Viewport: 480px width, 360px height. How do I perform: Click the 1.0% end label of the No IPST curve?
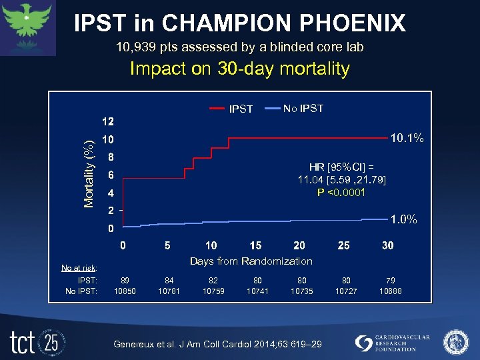point(404,219)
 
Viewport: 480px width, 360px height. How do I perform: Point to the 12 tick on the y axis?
point(107,122)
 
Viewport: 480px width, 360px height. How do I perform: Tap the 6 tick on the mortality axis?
point(111,175)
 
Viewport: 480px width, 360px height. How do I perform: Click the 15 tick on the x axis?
point(255,245)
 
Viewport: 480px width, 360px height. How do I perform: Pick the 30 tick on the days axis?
point(387,245)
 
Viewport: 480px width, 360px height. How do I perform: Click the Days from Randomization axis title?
point(251,261)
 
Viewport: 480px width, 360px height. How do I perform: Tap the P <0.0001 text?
point(341,193)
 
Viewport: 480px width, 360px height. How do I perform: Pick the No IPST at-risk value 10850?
point(124,291)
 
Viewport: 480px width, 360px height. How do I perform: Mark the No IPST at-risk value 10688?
point(391,291)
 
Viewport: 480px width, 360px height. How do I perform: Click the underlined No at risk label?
point(79,268)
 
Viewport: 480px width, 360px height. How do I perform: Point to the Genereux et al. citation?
point(218,343)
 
